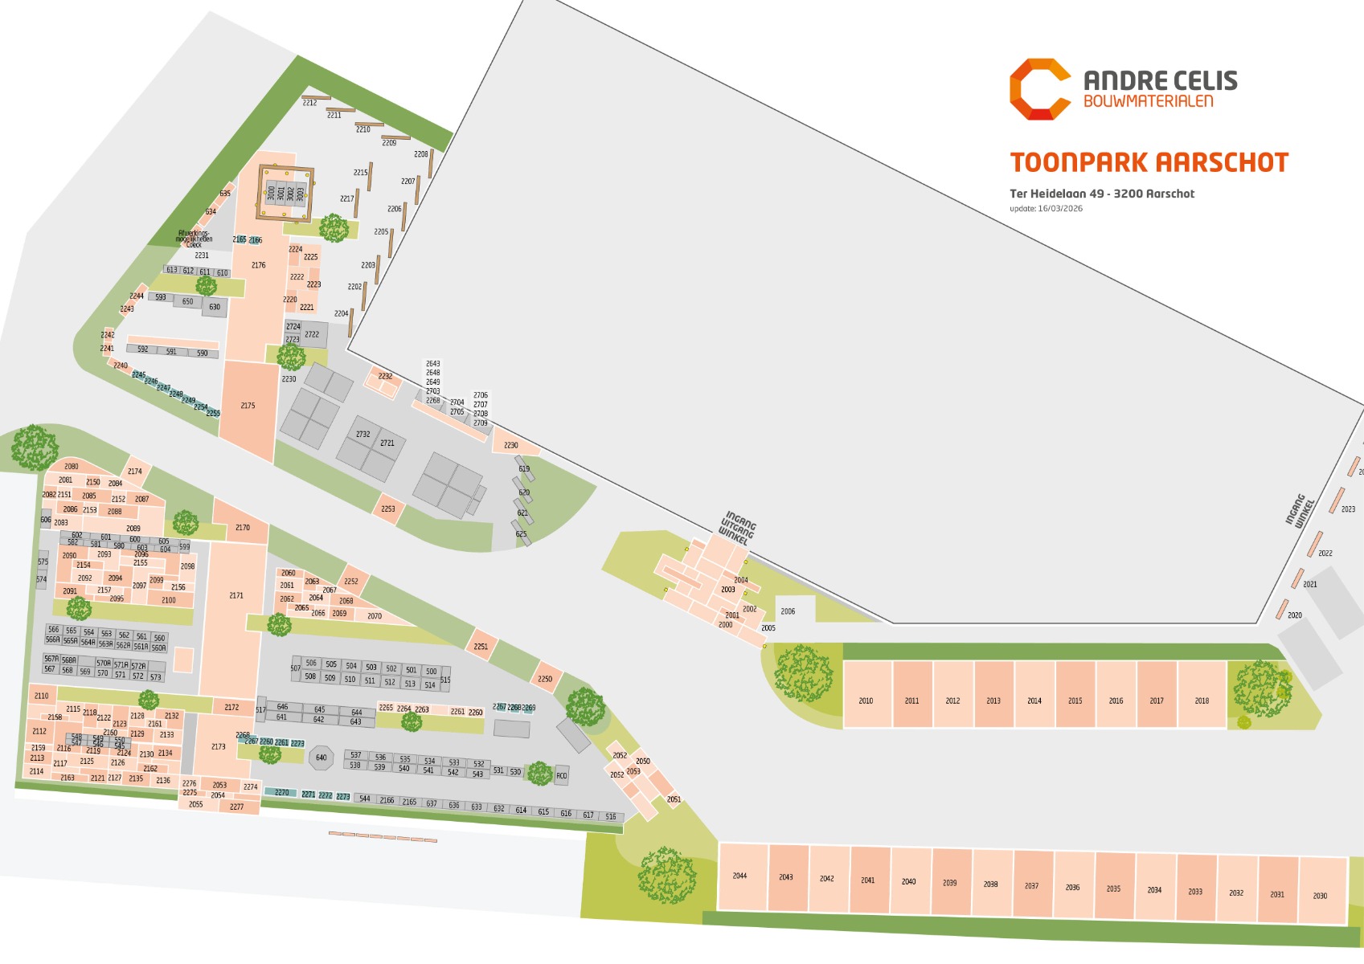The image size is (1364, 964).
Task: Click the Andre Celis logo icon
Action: [1039, 89]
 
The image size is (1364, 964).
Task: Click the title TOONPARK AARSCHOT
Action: [1149, 163]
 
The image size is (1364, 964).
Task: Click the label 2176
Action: [258, 265]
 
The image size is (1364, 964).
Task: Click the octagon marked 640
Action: [321, 758]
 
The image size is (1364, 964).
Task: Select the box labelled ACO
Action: [562, 775]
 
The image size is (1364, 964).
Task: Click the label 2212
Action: [309, 103]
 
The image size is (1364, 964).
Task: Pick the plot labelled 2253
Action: [388, 509]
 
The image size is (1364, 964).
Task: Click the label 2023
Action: [1348, 509]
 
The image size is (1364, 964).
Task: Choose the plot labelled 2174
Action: [135, 472]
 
